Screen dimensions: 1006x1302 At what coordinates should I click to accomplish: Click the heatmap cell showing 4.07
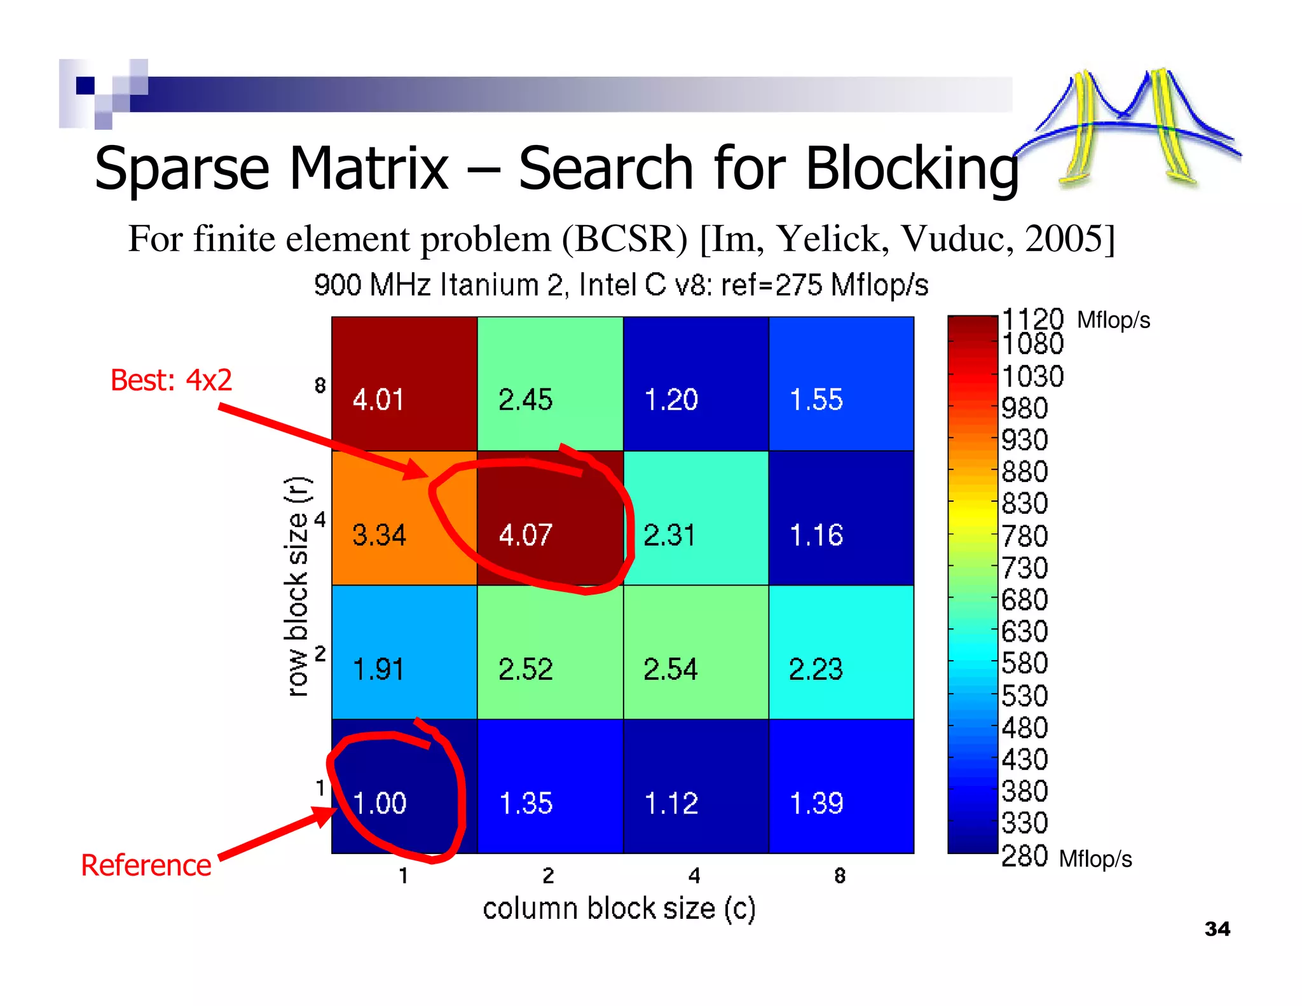[x=549, y=518]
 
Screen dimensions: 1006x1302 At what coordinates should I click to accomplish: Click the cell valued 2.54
[x=696, y=652]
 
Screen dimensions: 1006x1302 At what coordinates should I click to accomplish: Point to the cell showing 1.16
[x=841, y=518]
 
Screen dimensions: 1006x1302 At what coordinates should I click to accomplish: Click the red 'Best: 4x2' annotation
[x=171, y=380]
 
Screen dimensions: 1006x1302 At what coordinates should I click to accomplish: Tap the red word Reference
[x=146, y=865]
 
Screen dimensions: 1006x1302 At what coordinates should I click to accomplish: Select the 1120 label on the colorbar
[x=1032, y=319]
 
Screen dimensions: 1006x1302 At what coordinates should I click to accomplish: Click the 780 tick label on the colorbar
[x=1024, y=536]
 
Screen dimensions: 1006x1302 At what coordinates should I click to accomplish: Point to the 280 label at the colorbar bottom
[x=1024, y=857]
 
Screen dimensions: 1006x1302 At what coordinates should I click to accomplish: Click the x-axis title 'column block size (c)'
[x=619, y=909]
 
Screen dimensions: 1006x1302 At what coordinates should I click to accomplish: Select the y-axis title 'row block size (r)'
[x=297, y=586]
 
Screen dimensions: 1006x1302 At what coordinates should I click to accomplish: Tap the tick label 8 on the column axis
[x=840, y=876]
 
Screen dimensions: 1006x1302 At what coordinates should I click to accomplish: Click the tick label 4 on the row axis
[x=320, y=520]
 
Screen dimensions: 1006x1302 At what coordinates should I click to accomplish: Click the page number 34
[x=1217, y=929]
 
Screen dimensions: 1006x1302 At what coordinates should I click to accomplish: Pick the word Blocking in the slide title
[x=912, y=168]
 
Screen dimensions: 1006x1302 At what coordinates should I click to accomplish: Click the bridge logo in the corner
[x=1128, y=127]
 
